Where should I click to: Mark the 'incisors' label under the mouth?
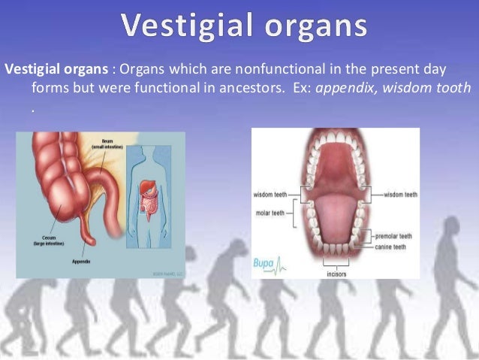tap(336, 274)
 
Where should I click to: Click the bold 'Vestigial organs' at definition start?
tap(55, 70)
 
